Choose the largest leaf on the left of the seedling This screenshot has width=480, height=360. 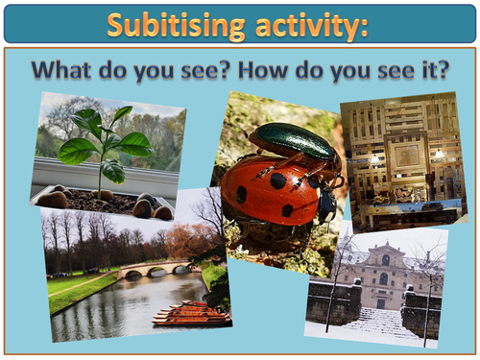pos(76,151)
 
